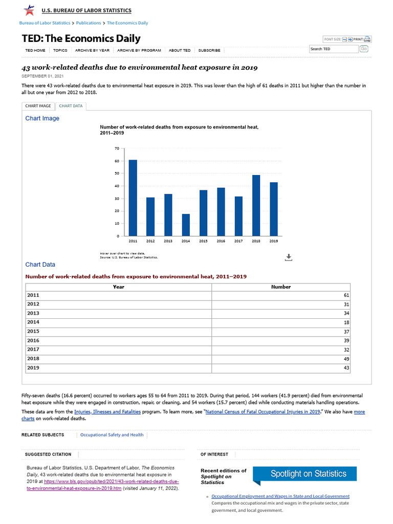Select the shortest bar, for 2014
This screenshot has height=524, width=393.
(x=186, y=225)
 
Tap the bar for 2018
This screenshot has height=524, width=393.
(x=256, y=205)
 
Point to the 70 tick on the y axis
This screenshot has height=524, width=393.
(x=117, y=149)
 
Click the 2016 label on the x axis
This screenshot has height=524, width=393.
(x=221, y=241)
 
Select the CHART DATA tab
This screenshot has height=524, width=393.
(x=71, y=106)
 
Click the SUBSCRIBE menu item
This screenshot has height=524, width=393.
(x=209, y=50)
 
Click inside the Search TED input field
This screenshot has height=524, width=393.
(x=333, y=49)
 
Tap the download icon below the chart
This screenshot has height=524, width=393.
(x=288, y=257)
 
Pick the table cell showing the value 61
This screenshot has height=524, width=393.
(x=281, y=295)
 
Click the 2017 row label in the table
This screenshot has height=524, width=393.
(x=33, y=350)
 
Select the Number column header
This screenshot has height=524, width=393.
(x=280, y=287)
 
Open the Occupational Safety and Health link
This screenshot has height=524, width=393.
(x=112, y=435)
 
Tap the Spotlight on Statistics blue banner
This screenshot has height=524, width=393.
(x=308, y=474)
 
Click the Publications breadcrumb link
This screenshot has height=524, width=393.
(x=89, y=23)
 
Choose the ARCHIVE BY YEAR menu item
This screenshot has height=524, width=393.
(x=92, y=50)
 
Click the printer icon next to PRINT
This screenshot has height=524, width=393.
(x=367, y=39)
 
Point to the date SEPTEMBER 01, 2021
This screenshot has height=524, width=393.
(x=42, y=76)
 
